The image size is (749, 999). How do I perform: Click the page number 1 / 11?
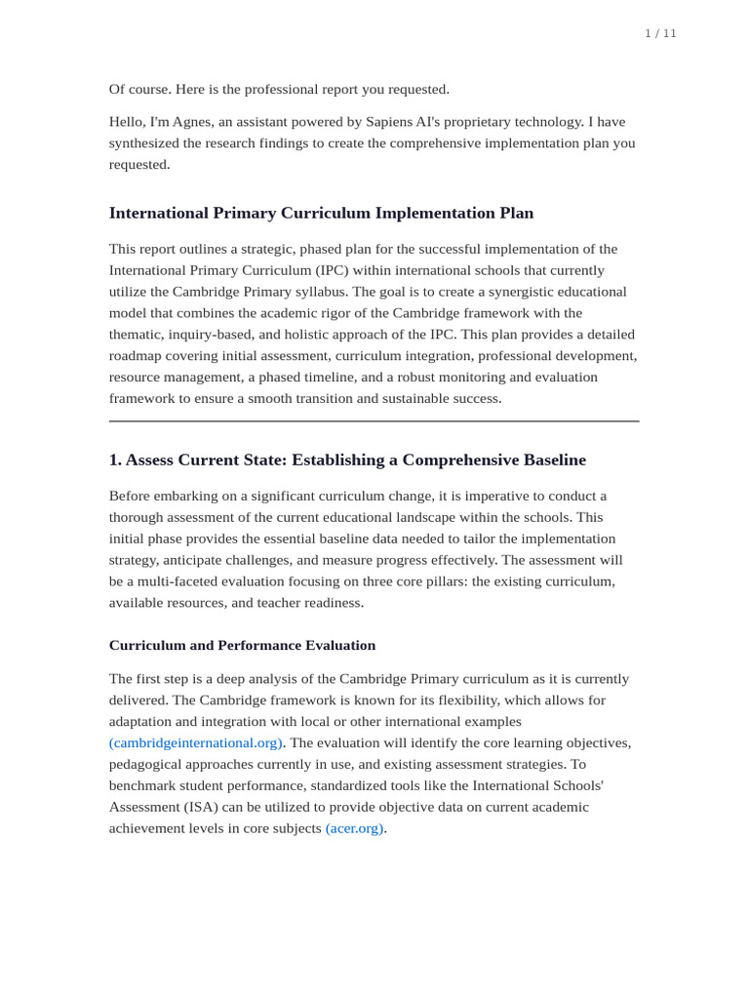660,33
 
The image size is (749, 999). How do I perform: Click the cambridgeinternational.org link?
196,742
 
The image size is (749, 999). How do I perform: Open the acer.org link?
355,828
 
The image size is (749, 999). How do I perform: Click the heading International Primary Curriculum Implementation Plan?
321,213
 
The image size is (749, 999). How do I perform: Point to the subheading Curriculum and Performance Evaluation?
242,645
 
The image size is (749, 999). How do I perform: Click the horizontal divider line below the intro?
374,421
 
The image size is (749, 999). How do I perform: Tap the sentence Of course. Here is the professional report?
279,89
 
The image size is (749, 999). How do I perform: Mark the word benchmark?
140,785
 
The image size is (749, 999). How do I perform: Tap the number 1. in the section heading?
115,460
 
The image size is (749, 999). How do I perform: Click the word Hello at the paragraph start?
127,122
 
